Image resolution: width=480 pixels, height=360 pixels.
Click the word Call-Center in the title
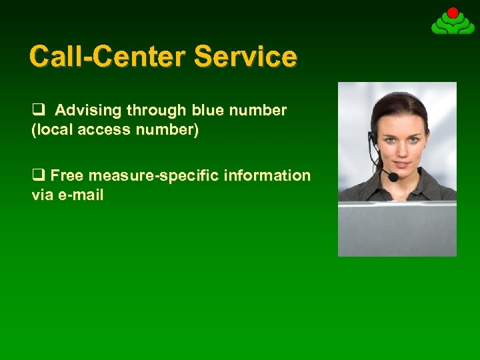tap(109, 56)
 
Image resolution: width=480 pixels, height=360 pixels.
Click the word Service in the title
tap(245, 56)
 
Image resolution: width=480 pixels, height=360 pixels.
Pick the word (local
tap(53, 130)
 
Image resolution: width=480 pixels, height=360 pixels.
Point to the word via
tap(42, 195)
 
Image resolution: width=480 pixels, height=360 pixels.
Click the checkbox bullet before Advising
tap(37, 110)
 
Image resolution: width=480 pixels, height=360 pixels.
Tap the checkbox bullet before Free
tap(37, 175)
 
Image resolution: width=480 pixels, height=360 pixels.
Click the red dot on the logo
tap(453, 12)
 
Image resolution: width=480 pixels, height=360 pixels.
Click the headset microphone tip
tap(393, 177)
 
